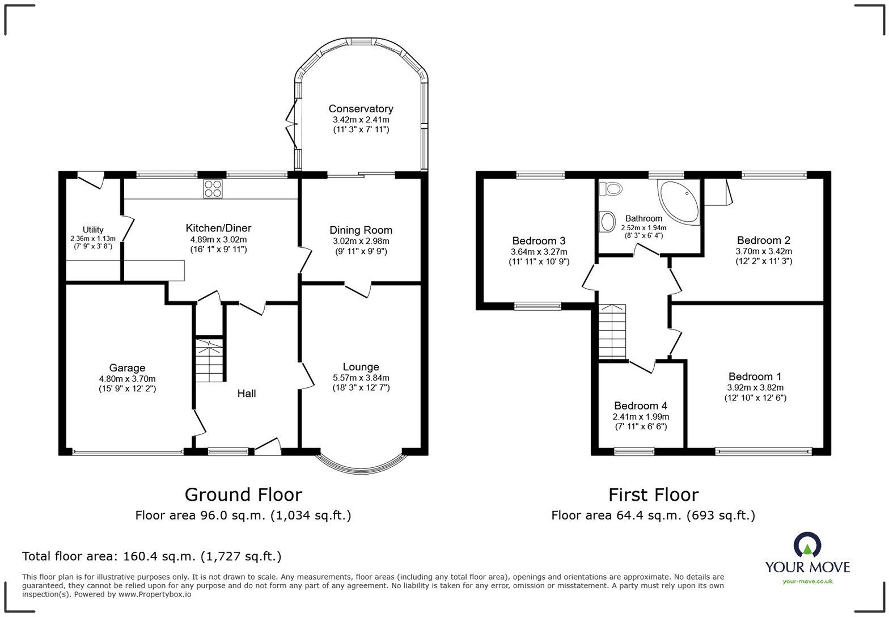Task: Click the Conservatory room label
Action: coord(361,109)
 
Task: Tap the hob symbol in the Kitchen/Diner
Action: coord(213,188)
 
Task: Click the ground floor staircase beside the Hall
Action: coord(210,360)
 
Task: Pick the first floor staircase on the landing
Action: coord(612,331)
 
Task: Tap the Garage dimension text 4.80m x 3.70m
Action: coord(127,379)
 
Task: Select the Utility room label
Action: coord(93,230)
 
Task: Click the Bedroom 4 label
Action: coord(640,406)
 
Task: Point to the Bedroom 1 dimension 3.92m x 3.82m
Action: coord(755,387)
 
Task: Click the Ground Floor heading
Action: coord(243,495)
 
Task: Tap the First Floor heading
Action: coord(653,495)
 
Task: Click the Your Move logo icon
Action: coord(807,545)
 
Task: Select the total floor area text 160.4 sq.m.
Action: coord(151,556)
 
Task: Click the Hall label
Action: coord(246,394)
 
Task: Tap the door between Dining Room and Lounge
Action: coord(358,289)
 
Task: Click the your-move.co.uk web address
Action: coord(807,581)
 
